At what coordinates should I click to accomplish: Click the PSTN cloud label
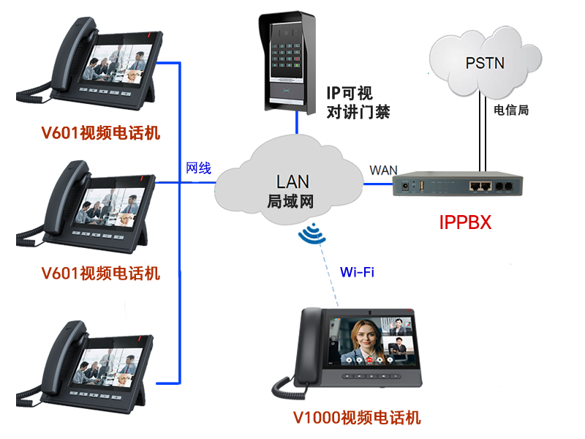tap(485, 63)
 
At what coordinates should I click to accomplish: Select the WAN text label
tap(383, 170)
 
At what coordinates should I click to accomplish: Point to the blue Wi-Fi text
tap(357, 273)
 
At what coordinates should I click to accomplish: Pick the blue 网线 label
tap(198, 168)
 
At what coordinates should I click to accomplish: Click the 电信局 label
tap(511, 110)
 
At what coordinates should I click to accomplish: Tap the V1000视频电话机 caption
tap(357, 418)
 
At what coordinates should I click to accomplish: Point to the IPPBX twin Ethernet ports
tap(480, 186)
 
